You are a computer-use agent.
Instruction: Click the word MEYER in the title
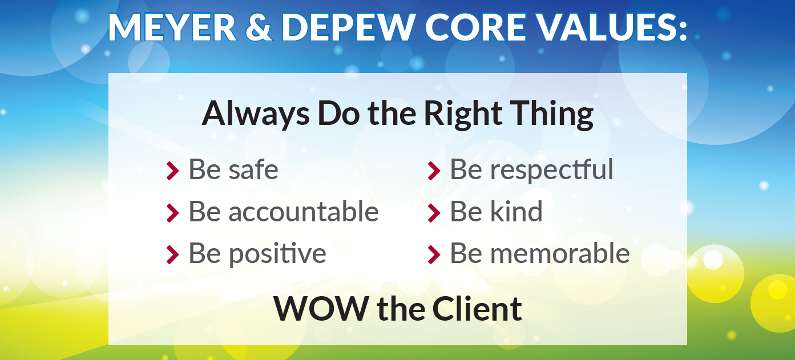click(172, 27)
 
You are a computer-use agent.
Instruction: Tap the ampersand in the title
click(259, 27)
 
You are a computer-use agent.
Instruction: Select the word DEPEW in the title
click(349, 27)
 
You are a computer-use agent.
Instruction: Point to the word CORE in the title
click(475, 27)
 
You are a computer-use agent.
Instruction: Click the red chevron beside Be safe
click(172, 171)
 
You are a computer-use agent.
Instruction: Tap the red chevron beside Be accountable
click(172, 213)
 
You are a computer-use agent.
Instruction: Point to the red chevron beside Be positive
click(172, 254)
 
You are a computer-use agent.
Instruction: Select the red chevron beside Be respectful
click(434, 171)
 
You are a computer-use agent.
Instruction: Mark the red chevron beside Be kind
click(434, 213)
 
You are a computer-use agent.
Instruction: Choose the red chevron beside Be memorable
click(434, 254)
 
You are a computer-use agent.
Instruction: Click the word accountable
click(304, 212)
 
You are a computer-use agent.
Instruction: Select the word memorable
click(560, 253)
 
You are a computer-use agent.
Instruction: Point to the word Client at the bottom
click(477, 308)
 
